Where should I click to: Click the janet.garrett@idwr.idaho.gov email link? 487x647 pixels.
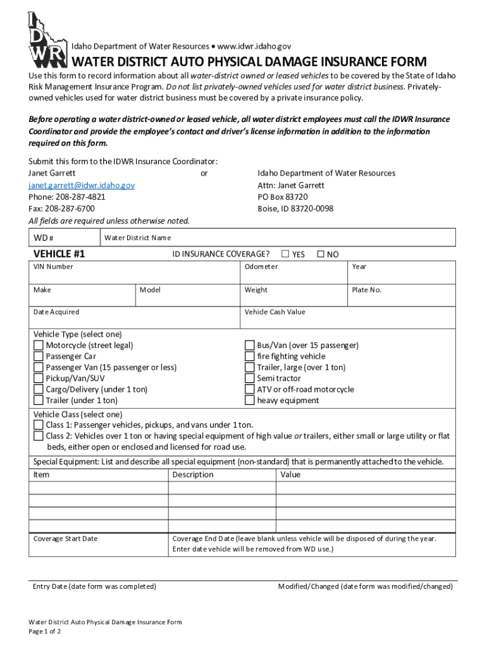[82, 185]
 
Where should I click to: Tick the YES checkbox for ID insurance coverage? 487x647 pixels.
[285, 254]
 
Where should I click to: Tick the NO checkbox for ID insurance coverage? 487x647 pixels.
[320, 254]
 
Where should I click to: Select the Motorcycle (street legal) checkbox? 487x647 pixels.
[39, 346]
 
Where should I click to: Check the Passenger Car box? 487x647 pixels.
[39, 356]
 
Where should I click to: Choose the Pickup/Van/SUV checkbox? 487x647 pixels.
[39, 378]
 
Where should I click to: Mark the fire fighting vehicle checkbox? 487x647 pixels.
[250, 356]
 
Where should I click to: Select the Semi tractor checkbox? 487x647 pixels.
[250, 378]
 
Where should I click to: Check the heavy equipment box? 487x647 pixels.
[250, 401]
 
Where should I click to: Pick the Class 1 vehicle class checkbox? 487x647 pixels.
[39, 425]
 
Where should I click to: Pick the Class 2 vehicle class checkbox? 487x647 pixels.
[39, 436]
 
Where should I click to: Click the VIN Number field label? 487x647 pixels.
[53, 267]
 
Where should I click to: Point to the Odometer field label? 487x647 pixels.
[261, 267]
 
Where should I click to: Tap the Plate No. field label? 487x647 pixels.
[367, 290]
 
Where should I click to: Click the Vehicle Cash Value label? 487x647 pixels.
[274, 312]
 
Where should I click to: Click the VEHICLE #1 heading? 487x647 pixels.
[59, 254]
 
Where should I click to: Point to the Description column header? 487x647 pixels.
[193, 475]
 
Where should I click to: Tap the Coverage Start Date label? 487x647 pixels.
[66, 539]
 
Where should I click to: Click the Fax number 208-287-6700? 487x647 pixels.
[62, 209]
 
